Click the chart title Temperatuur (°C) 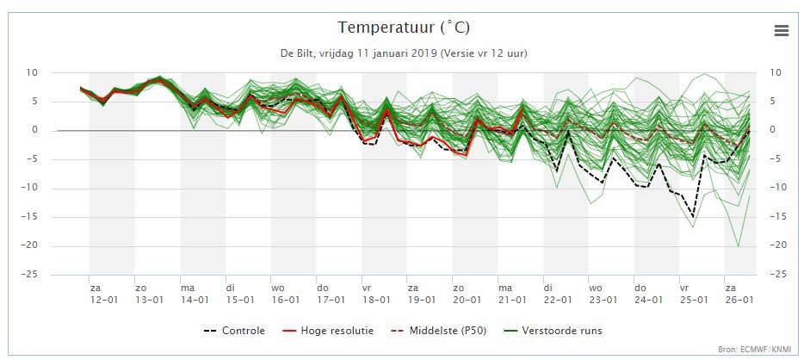click(x=404, y=28)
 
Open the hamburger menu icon click(x=782, y=31)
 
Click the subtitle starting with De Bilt click(x=404, y=53)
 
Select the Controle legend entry click(x=234, y=331)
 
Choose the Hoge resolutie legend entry click(x=328, y=331)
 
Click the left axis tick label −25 click(x=28, y=275)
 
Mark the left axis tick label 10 click(x=33, y=73)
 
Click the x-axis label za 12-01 click(x=103, y=294)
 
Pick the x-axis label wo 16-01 click(x=286, y=294)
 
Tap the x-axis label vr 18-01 click(x=376, y=294)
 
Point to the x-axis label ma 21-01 click(x=513, y=294)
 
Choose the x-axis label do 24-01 click(x=649, y=294)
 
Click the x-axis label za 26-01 click(x=739, y=294)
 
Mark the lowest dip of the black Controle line click(x=693, y=217)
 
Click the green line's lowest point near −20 click(x=739, y=246)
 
